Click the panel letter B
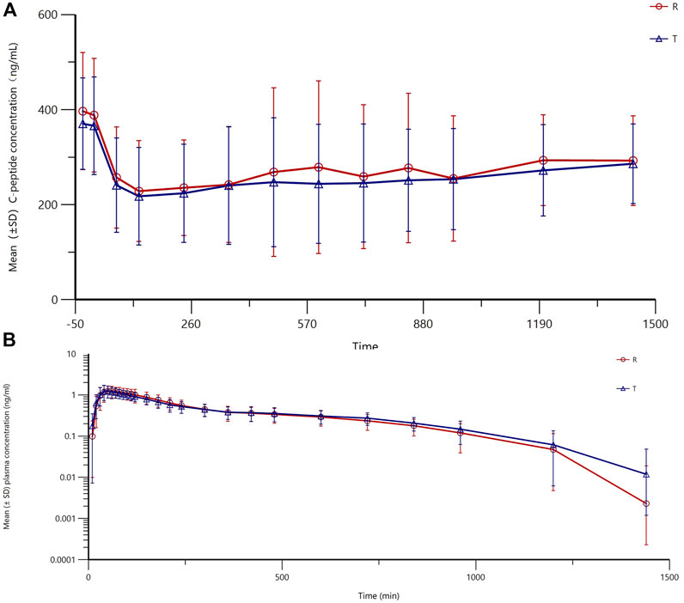[x=9, y=338]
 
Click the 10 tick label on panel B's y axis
[x=73, y=353]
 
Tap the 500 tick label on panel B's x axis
[x=282, y=578]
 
